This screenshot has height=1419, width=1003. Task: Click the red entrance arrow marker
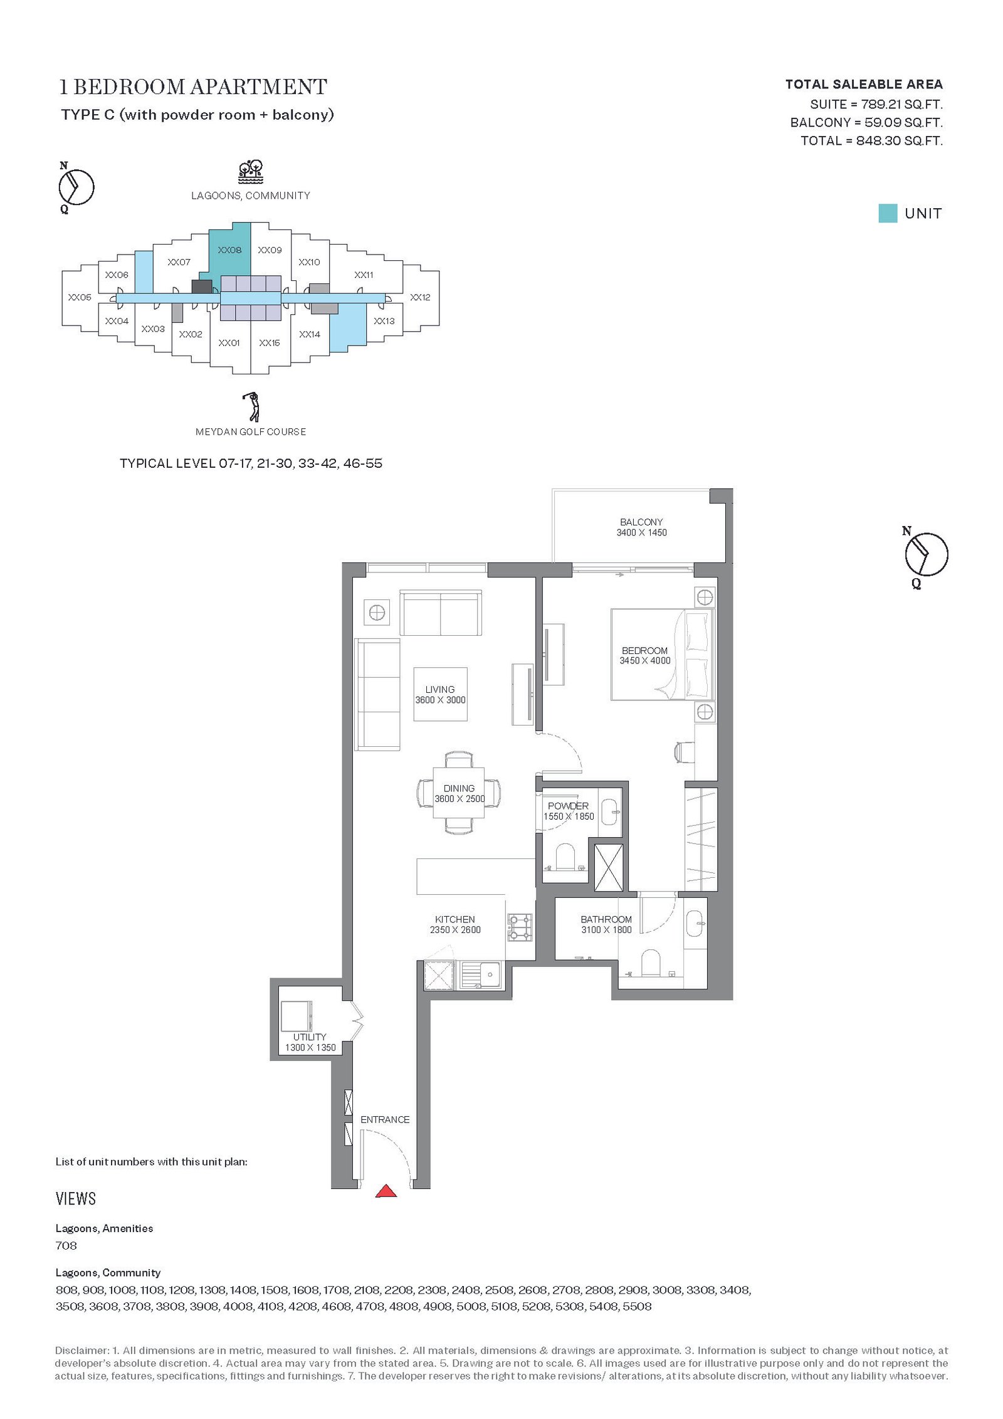tap(386, 1191)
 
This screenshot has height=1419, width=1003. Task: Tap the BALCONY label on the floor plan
tap(641, 522)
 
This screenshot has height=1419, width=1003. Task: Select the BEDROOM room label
tap(644, 651)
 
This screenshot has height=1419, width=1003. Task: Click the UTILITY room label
tap(310, 1037)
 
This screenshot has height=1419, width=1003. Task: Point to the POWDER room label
tap(568, 806)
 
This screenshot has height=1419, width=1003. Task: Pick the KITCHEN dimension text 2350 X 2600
tap(455, 930)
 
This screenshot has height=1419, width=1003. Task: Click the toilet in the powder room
tap(565, 857)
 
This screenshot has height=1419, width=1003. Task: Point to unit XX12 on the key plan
tap(420, 297)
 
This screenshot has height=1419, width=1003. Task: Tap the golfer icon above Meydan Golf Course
tap(251, 406)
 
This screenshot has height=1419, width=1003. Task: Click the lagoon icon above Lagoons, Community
tap(250, 171)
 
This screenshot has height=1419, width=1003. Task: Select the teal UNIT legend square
tap(888, 213)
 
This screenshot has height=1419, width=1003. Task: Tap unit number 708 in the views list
tap(66, 1246)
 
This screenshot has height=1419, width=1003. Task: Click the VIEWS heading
tap(76, 1199)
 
